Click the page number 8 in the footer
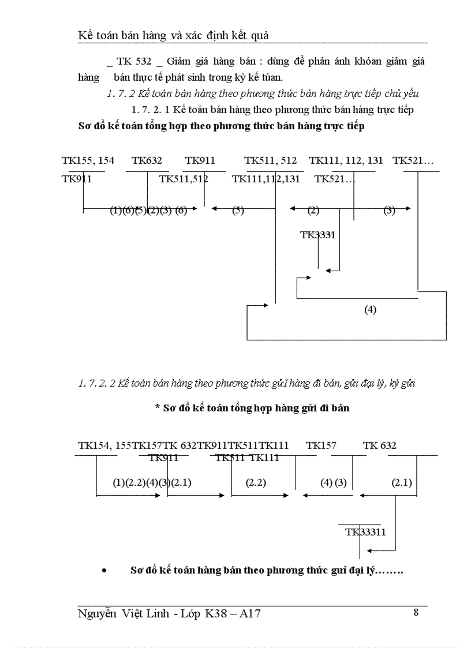(416, 613)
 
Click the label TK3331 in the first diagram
(318, 235)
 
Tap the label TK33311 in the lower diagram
(366, 532)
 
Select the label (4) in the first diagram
(370, 310)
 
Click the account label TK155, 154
(88, 160)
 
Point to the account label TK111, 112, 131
(346, 160)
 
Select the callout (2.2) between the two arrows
(256, 483)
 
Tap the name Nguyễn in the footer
(99, 615)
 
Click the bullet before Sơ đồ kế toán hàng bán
(104, 571)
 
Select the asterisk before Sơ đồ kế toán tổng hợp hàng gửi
(157, 408)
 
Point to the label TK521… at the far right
(413, 160)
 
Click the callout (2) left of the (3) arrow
(313, 211)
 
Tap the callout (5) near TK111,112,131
(238, 211)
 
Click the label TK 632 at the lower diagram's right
(380, 445)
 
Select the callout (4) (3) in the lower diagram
(334, 483)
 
